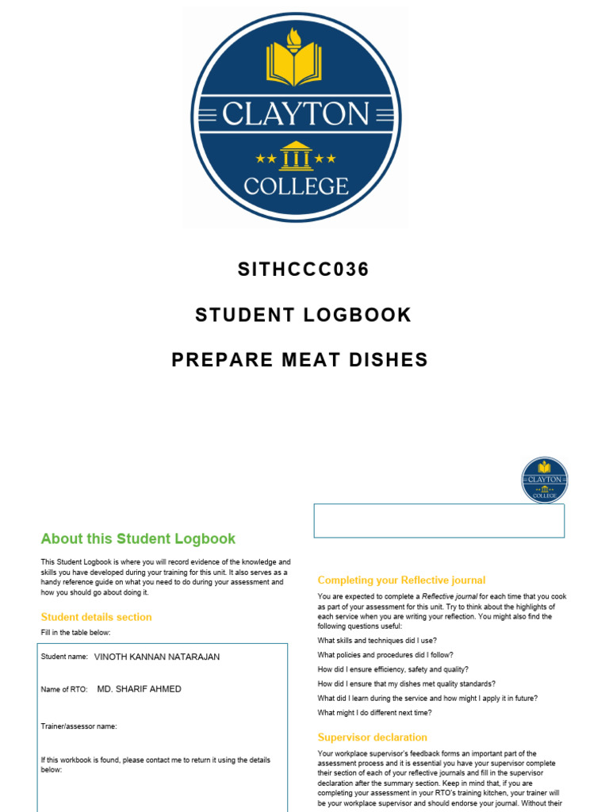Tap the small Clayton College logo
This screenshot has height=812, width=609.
[545, 480]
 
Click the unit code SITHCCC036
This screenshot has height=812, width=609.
[304, 270]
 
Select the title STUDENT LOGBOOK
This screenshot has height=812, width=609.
[304, 315]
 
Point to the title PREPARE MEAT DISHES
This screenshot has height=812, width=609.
[300, 360]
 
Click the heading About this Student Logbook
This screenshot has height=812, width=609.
[138, 538]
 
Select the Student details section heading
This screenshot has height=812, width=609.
[96, 617]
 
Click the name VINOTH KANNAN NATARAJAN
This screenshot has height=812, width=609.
[157, 657]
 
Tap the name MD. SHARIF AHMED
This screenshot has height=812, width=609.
[139, 689]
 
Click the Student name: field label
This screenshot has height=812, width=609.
[64, 657]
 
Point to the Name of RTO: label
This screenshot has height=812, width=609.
[64, 690]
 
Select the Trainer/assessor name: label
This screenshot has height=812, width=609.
[79, 726]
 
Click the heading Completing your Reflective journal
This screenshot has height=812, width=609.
[401, 580]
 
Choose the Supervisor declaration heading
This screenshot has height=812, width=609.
[372, 737]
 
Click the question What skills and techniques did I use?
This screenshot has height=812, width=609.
[377, 641]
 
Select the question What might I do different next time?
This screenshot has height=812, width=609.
[374, 712]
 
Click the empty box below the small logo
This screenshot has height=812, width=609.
[439, 520]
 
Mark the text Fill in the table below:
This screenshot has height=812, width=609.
[76, 632]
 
